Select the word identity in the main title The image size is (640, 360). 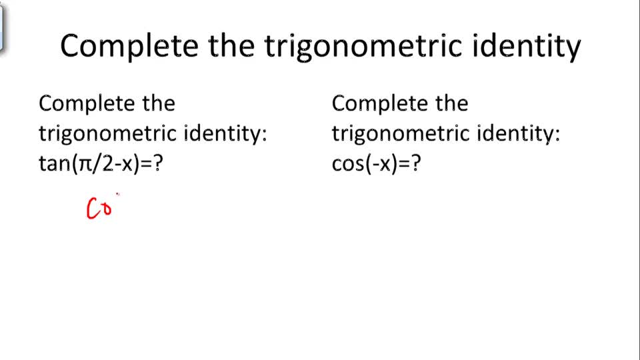[x=524, y=46]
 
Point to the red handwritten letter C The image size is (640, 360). [x=93, y=209]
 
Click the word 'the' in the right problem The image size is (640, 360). [x=451, y=103]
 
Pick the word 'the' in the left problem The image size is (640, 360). [x=157, y=103]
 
